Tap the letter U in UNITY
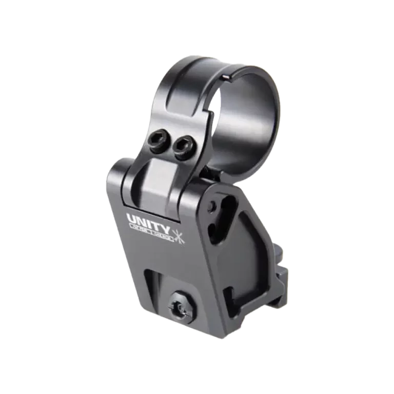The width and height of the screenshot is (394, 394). tap(132, 218)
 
